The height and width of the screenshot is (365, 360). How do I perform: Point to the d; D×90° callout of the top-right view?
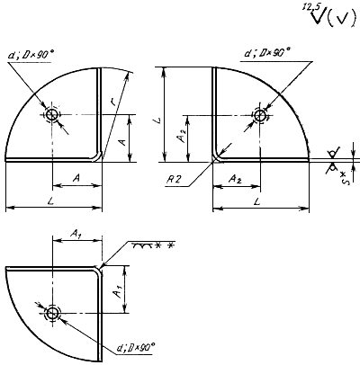click(x=268, y=53)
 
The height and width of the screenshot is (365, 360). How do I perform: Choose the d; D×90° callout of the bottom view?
click(x=136, y=348)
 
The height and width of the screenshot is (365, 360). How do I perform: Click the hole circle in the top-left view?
click(x=52, y=114)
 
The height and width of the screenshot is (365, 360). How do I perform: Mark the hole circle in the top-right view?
click(x=260, y=115)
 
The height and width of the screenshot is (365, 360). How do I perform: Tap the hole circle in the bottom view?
click(x=53, y=313)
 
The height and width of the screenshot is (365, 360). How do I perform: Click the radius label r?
click(x=112, y=102)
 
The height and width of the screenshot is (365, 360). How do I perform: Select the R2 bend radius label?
click(x=175, y=179)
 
